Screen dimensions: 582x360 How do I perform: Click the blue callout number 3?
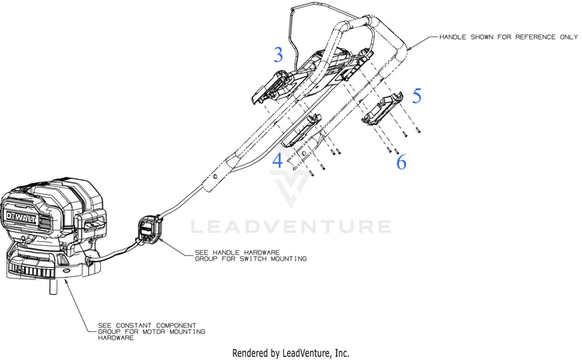click(x=279, y=54)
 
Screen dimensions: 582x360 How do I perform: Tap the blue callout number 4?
click(x=278, y=161)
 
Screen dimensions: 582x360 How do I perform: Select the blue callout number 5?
click(x=417, y=95)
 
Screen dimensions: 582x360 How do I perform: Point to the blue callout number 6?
click(x=401, y=162)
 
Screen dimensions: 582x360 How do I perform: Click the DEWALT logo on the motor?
click(x=22, y=218)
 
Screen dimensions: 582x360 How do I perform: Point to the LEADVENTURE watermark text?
click(x=291, y=227)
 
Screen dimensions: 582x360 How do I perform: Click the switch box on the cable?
click(x=150, y=230)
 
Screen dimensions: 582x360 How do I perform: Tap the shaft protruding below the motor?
click(x=54, y=286)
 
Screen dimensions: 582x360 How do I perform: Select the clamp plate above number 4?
click(x=301, y=130)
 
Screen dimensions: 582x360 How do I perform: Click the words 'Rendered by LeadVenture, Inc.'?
click(x=291, y=352)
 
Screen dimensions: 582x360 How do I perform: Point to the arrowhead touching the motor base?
click(x=67, y=283)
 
